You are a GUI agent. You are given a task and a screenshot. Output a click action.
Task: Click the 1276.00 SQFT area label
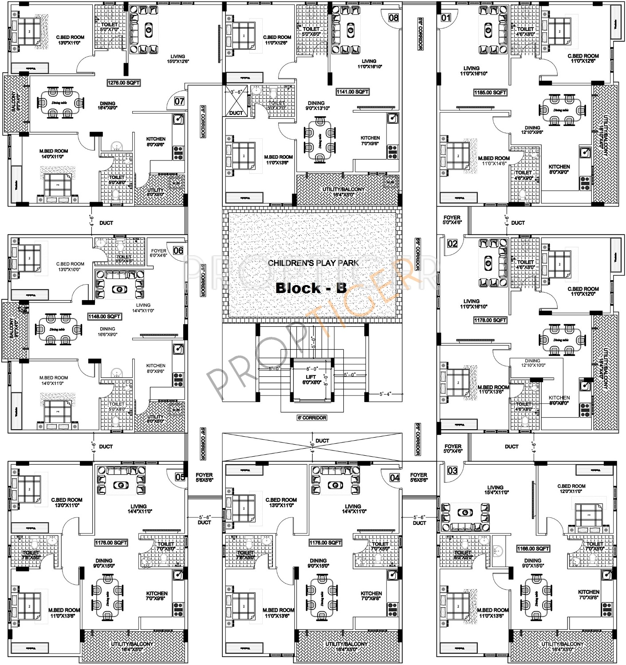[124, 82]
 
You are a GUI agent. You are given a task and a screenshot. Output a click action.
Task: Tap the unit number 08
[394, 18]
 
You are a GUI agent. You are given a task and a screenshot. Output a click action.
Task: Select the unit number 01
[446, 18]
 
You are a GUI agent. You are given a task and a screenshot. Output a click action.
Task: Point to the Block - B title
[311, 288]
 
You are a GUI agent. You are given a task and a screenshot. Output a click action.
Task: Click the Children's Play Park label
[313, 263]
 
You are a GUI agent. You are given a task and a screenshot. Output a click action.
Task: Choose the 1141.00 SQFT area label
[353, 92]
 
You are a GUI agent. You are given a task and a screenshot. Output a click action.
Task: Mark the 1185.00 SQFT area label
[490, 93]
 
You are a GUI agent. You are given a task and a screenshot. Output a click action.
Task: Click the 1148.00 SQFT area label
[104, 317]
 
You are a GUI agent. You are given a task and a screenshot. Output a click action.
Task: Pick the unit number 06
[178, 251]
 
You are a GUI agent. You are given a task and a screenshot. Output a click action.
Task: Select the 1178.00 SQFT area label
[490, 320]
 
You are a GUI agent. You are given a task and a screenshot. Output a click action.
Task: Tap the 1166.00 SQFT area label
[533, 549]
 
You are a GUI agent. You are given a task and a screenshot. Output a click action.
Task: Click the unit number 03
[452, 470]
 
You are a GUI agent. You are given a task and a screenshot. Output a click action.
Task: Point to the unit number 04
[394, 477]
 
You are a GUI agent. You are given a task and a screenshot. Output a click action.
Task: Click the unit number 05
[180, 477]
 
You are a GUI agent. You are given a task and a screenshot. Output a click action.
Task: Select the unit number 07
[179, 102]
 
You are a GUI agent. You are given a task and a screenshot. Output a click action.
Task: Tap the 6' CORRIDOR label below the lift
[312, 418]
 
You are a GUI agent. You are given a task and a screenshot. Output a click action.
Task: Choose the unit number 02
[452, 243]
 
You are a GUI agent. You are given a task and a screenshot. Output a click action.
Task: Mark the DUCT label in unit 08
[236, 113]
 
